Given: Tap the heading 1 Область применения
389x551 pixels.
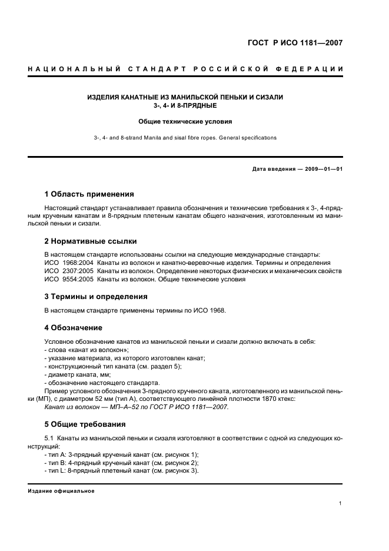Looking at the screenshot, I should tap(89, 194).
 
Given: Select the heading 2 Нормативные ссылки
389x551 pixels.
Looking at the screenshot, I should tap(91, 241).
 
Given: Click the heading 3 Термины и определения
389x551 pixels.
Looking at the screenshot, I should tap(96, 296).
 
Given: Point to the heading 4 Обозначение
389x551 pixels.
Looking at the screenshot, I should tap(73, 327).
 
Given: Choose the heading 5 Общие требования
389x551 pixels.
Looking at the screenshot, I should tap(85, 424).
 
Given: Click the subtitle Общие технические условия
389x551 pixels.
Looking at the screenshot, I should tap(185, 122).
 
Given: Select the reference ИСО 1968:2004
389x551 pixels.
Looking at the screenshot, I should tap(68, 263).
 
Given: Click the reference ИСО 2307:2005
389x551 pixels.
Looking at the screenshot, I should tap(68, 271).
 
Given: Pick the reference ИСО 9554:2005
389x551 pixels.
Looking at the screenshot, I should tap(68, 279).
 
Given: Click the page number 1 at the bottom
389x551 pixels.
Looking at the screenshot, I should tap(341, 503).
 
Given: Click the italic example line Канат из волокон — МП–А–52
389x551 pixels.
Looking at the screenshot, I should tap(136, 407).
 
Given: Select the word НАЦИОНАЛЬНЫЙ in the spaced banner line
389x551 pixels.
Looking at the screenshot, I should tap(74, 69).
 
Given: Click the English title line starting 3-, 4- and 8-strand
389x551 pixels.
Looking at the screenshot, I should tap(185, 137).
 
